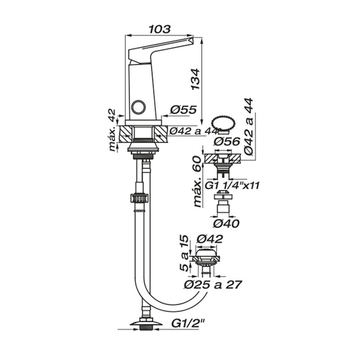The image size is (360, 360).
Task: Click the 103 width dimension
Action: [160, 29]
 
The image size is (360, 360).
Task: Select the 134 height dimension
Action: [195, 79]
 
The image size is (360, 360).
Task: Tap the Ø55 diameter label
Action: [184, 110]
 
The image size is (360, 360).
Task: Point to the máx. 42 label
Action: [112, 130]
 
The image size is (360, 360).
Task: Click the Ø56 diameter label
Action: [227, 142]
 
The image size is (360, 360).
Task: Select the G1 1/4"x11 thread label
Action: [232, 185]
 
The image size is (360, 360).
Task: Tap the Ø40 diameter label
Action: [226, 224]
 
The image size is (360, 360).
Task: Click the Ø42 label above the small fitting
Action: [210, 239]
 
